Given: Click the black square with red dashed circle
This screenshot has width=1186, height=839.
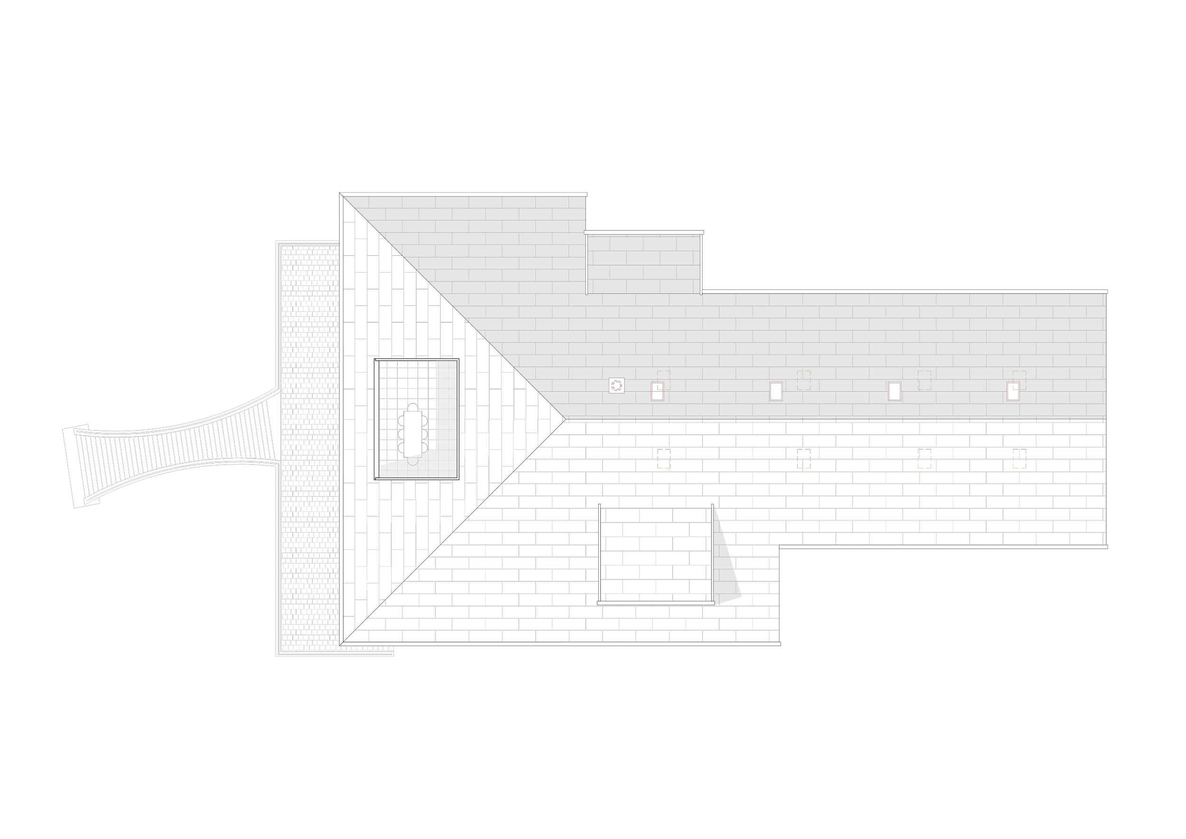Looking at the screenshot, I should pyautogui.click(x=616, y=385).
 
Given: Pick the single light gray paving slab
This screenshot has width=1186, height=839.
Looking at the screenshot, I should pyautogui.click(x=1052, y=538).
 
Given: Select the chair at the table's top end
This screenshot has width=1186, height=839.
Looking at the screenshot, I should pyautogui.click(x=412, y=407).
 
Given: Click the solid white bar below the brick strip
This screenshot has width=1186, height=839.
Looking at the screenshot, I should pyautogui.click(x=335, y=662).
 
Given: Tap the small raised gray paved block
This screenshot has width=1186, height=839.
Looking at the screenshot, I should pyautogui.click(x=644, y=264).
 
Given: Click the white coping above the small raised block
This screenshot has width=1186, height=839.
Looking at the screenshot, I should pyautogui.click(x=644, y=233).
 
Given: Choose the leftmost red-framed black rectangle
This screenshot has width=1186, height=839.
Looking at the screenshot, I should pyautogui.click(x=657, y=392).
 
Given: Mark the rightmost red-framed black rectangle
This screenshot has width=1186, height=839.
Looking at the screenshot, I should pyautogui.click(x=1013, y=392).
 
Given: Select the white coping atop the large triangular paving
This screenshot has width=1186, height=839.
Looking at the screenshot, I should pyautogui.click(x=463, y=194).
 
